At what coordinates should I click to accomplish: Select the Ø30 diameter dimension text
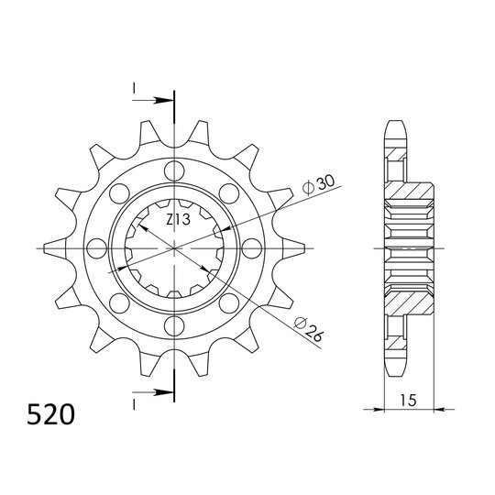pyautogui.click(x=314, y=182)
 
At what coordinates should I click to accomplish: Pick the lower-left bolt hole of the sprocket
pyautogui.click(x=118, y=303)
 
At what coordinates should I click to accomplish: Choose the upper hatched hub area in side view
pyautogui.click(x=408, y=198)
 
